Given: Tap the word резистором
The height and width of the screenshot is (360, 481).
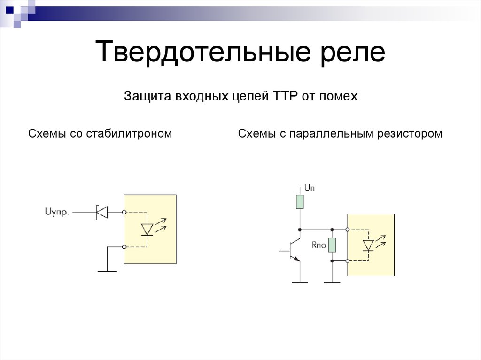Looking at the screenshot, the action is [x=410, y=134].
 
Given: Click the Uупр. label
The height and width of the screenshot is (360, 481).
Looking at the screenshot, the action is [x=57, y=213].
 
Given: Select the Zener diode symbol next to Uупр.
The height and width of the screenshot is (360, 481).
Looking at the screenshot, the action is [x=101, y=212].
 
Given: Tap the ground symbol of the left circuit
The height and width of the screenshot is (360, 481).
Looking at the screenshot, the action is [x=107, y=271].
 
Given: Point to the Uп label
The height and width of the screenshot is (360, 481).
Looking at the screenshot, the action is [x=310, y=188].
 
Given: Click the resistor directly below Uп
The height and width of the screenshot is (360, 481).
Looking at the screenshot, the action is [x=300, y=201].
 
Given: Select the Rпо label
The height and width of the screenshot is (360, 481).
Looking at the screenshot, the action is [x=319, y=245].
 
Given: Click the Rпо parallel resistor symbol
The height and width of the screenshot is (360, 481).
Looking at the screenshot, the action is [x=332, y=245].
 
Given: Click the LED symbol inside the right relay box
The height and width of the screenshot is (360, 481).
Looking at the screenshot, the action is [x=369, y=245].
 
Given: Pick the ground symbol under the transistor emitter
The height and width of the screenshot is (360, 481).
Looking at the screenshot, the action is [x=300, y=282].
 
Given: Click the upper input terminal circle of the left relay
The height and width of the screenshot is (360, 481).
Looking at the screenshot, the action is [x=124, y=212].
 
